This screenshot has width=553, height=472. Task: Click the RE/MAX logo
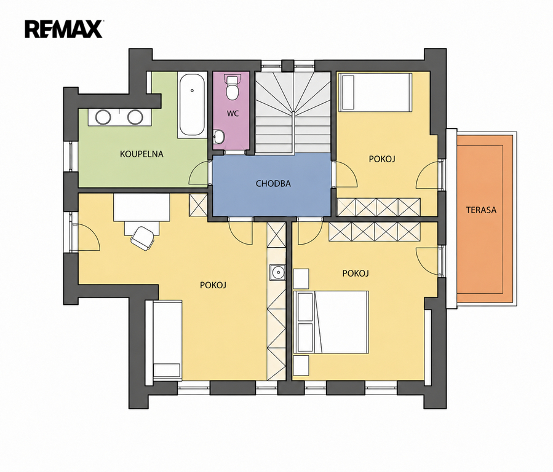64,29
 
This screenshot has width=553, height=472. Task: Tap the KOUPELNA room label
141,154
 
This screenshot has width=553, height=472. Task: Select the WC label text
233,114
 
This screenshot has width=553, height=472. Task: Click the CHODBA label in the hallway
273,184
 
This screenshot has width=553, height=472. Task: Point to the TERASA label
481,210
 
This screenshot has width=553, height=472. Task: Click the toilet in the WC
232,87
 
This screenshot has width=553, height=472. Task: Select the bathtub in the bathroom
192,104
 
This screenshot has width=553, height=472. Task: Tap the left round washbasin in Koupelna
103,117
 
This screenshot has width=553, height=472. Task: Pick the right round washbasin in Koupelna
135,117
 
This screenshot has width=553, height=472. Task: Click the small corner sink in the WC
218,136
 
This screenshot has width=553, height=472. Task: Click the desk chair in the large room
143,238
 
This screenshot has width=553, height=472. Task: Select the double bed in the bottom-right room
331,322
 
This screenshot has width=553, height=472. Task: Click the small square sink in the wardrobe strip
277,272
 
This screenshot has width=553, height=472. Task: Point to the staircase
293,112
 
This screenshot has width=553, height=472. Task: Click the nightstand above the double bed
301,278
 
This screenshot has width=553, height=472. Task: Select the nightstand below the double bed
301,365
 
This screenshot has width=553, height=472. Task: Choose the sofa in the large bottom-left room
167,340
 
